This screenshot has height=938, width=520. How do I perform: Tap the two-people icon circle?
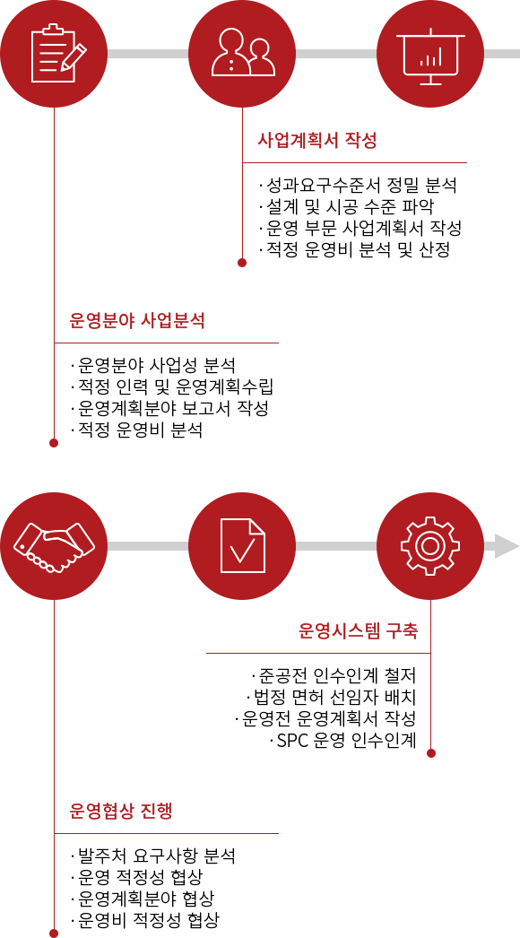[x=242, y=54]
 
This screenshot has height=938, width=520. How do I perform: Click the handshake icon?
[x=55, y=546]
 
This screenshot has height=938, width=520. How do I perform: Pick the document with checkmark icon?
[x=242, y=546]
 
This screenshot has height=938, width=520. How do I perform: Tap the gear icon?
[x=430, y=546]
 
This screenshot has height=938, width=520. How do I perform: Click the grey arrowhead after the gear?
[x=507, y=546]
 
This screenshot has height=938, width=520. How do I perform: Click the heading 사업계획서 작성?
[x=317, y=142]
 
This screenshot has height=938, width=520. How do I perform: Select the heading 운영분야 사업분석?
[x=138, y=321]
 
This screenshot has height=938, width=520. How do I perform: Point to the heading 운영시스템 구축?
[x=358, y=632]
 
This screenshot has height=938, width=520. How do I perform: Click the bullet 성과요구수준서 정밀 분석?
[x=358, y=186]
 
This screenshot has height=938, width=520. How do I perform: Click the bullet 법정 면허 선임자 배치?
[x=331, y=698]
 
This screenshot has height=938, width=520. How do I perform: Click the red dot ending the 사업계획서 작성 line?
[x=242, y=263]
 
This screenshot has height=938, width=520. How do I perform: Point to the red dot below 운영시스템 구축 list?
[x=431, y=753]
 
